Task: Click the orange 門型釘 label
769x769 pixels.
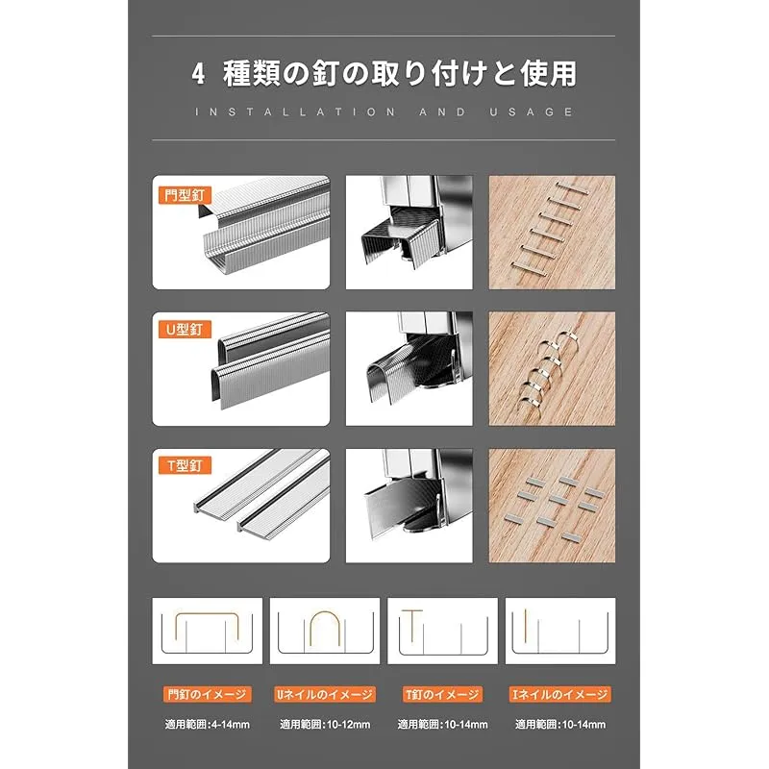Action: [185, 195]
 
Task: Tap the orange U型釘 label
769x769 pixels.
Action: [185, 329]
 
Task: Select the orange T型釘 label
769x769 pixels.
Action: [185, 465]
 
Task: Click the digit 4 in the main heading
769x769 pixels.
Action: [198, 74]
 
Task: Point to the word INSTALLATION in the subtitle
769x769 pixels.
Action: [295, 112]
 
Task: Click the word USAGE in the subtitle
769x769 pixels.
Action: [532, 112]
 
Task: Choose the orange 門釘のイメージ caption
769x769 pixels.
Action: [207, 694]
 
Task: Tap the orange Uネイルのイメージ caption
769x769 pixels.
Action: [325, 694]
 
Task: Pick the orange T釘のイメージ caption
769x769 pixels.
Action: [442, 694]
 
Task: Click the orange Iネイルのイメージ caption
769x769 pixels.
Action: [560, 694]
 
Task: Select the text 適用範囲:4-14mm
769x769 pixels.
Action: [207, 725]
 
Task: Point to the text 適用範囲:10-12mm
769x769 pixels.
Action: [325, 725]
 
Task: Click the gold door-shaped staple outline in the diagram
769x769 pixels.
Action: [207, 613]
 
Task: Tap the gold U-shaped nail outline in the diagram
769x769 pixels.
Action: [325, 612]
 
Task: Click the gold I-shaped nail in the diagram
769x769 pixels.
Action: [525, 625]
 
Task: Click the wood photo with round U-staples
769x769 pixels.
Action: [552, 369]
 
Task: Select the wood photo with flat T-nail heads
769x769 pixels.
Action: [552, 506]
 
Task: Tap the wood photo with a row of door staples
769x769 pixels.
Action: [552, 233]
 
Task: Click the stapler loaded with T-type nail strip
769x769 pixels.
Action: [409, 506]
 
